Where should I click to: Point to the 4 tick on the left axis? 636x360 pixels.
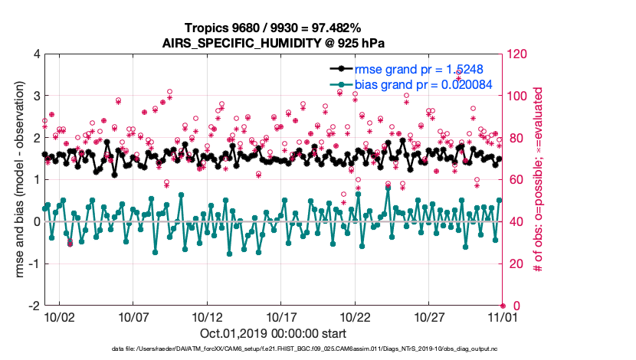tap(35, 54)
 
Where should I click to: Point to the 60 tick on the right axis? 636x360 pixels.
tap(513, 180)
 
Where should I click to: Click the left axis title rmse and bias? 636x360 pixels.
tap(17, 180)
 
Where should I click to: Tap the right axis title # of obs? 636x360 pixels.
tap(539, 180)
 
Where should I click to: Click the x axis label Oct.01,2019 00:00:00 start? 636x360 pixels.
tap(273, 334)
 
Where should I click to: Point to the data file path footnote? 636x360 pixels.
tap(273, 349)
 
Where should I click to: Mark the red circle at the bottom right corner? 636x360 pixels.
tap(503, 306)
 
